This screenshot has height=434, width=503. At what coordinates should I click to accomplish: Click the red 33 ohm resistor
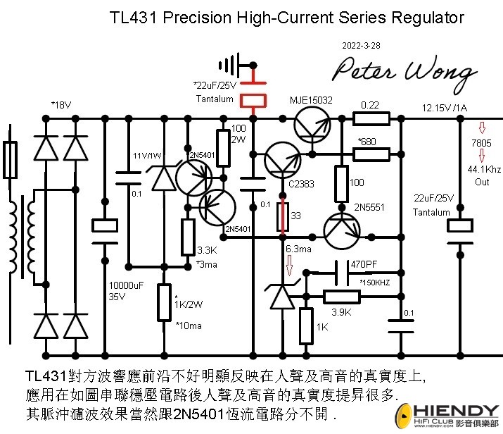tap(281, 216)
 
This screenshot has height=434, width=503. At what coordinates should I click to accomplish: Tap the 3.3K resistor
tap(188, 237)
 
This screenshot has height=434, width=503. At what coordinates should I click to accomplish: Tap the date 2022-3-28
tap(362, 45)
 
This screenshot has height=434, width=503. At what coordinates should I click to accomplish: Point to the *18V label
tap(61, 105)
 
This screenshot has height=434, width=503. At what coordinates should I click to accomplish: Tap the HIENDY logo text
tap(458, 411)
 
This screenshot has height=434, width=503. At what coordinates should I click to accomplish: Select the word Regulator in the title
tap(429, 17)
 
